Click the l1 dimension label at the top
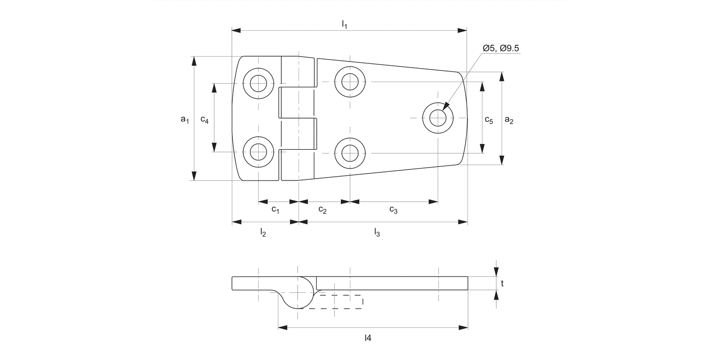pyautogui.click(x=344, y=24)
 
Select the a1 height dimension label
pyautogui.click(x=185, y=119)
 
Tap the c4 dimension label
pyautogui.click(x=204, y=120)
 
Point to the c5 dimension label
pyautogui.click(x=489, y=120)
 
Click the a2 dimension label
pyautogui.click(x=509, y=120)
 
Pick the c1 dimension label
pyautogui.click(x=276, y=209)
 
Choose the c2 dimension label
pyautogui.click(x=323, y=210)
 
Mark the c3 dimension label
pyautogui.click(x=393, y=209)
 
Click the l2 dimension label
pyautogui.click(x=263, y=233)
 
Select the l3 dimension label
pyautogui.click(x=377, y=233)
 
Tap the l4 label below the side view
pyautogui.click(x=368, y=338)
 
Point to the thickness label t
pyautogui.click(x=502, y=284)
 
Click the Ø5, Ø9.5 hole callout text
pyautogui.click(x=501, y=48)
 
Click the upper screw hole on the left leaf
pyautogui.click(x=259, y=83)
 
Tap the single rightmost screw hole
pyautogui.click(x=438, y=118)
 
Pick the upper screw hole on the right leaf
pyautogui.click(x=350, y=82)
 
